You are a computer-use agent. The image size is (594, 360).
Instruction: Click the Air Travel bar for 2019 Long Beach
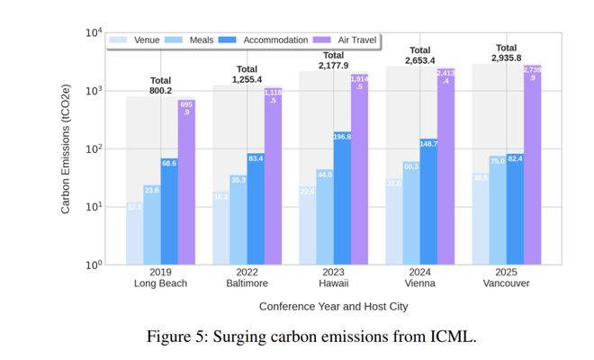[x=186, y=181]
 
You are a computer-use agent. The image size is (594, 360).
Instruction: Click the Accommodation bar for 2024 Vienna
[x=428, y=202]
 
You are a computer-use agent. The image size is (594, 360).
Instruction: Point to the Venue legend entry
[x=135, y=40]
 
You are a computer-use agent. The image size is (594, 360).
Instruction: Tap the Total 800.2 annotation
[x=161, y=85]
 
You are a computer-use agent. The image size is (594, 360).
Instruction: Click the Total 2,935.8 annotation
[x=506, y=53]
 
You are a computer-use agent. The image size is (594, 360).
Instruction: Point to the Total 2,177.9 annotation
[x=333, y=60]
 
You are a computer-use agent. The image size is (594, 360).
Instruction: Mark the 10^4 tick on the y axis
[x=93, y=33]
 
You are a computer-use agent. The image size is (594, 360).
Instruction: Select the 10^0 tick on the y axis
[x=93, y=265]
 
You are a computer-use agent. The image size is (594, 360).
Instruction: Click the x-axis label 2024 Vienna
[x=420, y=277]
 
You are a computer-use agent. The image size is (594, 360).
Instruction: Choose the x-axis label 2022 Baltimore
[x=247, y=277]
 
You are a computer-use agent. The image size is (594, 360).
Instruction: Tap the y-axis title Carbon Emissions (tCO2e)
[x=66, y=148]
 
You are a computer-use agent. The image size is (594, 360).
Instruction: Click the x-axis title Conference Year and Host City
[x=334, y=306]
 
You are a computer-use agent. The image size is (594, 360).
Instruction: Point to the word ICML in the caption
[x=453, y=337]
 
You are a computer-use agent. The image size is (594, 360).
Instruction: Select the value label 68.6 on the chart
[x=169, y=163]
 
